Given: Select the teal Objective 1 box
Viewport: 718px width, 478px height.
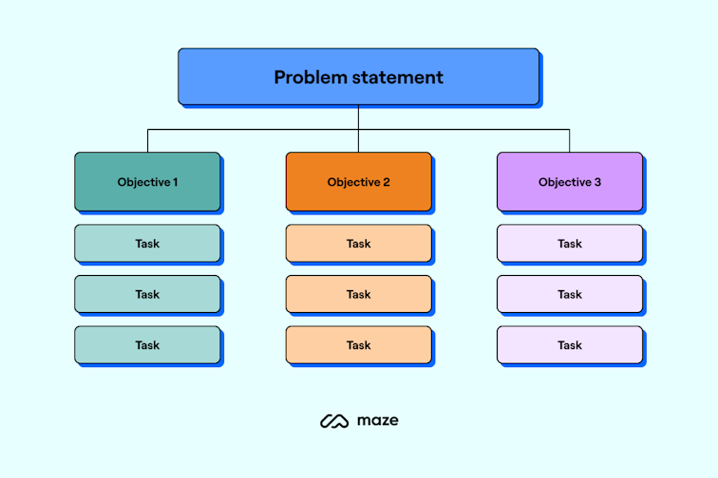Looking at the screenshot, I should point(147,181).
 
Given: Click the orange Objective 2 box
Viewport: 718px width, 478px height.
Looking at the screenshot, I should point(358,181).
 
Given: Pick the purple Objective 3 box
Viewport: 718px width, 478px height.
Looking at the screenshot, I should point(569,181).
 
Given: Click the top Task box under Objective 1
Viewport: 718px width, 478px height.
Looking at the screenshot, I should point(147,244).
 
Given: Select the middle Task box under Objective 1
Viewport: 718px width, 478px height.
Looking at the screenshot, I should point(147,294).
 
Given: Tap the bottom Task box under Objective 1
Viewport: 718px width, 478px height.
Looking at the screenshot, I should point(147,345).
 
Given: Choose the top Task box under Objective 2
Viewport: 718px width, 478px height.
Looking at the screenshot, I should point(358,244).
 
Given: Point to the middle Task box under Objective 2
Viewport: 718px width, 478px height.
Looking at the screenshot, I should point(358,294).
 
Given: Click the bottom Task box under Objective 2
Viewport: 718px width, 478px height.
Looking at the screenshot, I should point(358,345).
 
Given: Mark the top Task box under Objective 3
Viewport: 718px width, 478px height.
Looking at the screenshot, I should point(569,244).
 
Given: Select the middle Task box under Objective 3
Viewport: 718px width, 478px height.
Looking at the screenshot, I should point(569,294).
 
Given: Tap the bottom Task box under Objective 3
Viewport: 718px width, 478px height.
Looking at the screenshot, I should point(569,345).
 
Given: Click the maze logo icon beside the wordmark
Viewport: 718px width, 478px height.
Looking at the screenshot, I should point(334,420).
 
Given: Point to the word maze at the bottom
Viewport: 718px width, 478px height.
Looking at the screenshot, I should point(377,420).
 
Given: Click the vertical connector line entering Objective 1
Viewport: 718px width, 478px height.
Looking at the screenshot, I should point(147,140).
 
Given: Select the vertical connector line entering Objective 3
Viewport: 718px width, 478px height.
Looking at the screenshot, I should point(570,140).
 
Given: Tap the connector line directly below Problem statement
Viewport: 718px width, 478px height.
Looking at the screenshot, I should point(358,116).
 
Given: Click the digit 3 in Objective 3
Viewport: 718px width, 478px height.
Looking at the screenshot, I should point(597,182).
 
